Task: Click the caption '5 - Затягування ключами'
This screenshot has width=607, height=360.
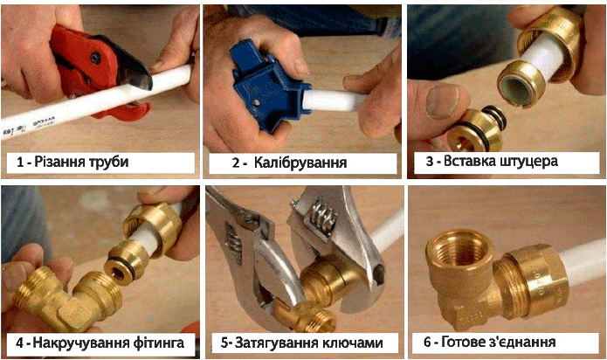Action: (x=302, y=342)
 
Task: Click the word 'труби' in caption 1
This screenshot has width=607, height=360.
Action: (x=109, y=163)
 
